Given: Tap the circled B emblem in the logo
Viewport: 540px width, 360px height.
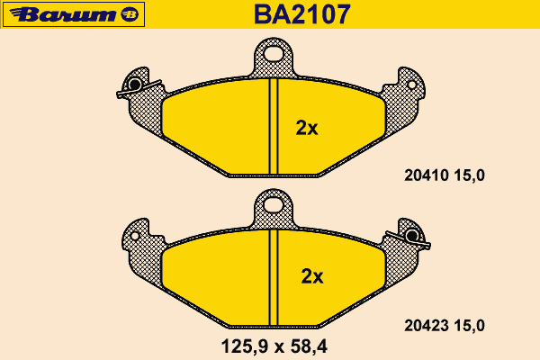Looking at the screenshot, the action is (130, 14).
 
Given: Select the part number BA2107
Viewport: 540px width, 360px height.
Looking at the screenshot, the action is (302, 14).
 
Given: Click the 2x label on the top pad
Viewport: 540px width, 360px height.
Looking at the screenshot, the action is (307, 128).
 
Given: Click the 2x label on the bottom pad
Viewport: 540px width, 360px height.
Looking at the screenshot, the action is (312, 276).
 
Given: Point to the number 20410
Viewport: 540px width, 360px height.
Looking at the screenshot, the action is (427, 175).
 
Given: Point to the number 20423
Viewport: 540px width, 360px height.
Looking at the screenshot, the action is (427, 326).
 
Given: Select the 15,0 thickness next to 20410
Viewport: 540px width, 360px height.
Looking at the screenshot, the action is (470, 175).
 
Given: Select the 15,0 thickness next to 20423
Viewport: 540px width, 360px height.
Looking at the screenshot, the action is (470, 326).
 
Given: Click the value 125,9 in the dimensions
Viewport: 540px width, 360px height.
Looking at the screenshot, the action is (244, 346).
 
